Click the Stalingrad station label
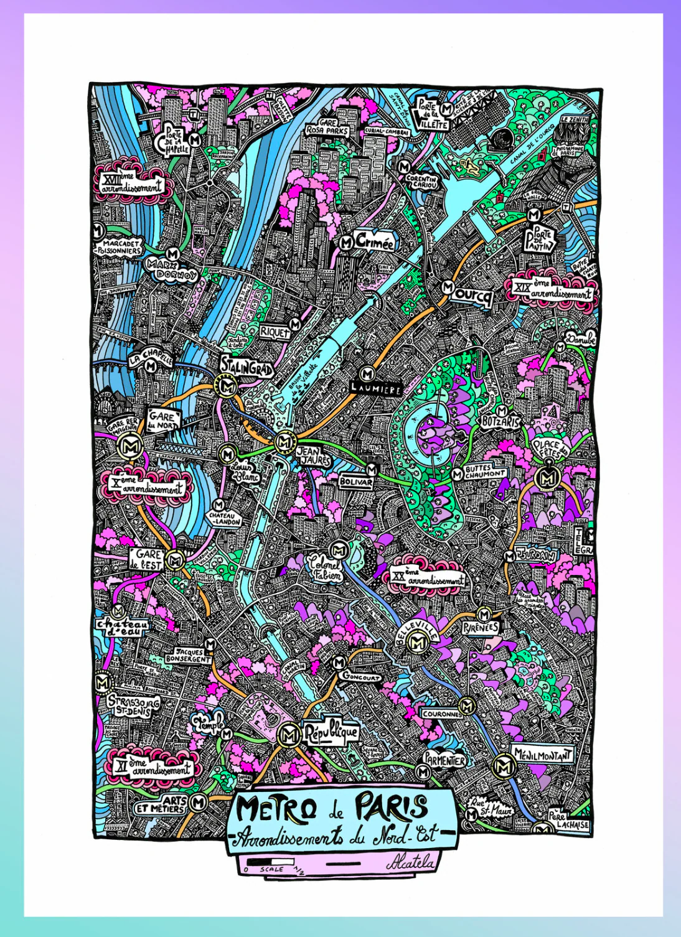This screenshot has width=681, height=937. pos(247,366)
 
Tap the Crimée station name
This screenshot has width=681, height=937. pos(375,242)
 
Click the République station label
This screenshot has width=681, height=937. pos(331,732)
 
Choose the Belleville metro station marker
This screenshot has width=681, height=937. pos(417,644)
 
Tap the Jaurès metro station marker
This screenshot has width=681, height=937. pos(284,442)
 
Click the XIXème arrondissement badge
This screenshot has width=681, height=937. pos(552,289)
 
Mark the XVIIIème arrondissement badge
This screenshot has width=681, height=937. pos(132,183)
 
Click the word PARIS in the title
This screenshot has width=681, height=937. pos(392,808)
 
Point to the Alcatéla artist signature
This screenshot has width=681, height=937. pos(410,862)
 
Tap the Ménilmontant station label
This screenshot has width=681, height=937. pos(542,755)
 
